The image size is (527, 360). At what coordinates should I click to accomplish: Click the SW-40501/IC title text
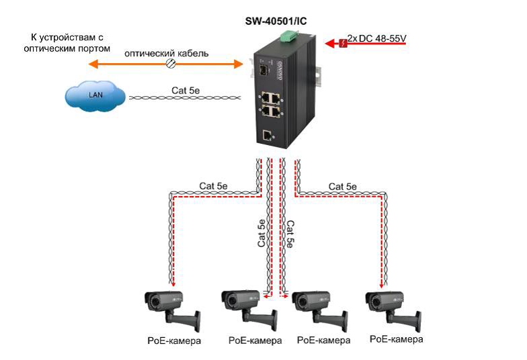[280, 21]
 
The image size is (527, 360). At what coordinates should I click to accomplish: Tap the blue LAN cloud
[95, 95]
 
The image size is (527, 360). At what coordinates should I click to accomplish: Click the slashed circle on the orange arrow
[171, 64]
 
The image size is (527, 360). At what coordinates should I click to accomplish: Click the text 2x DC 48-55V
[377, 39]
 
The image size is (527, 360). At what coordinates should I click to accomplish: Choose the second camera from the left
[246, 310]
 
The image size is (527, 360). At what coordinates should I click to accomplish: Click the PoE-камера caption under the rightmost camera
[397, 339]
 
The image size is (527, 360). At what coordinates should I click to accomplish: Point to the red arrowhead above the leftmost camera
[173, 285]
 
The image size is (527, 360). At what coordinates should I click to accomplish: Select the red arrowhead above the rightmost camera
[380, 285]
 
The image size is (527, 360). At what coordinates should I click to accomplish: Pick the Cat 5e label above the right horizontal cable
[342, 186]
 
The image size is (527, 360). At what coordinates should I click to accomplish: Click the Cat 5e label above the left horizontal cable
[213, 186]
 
